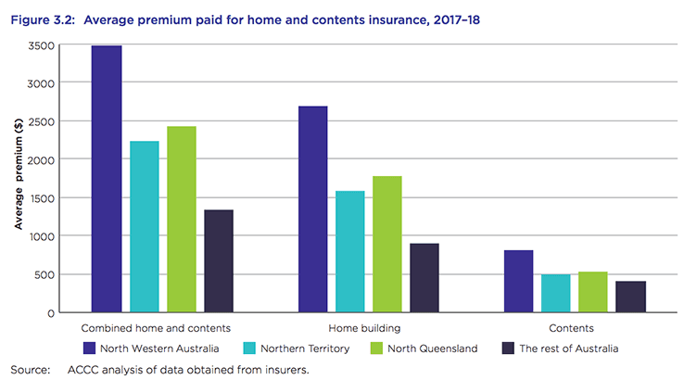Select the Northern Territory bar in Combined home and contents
point(144,226)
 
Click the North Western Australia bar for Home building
point(312,209)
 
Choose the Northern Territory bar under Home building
point(349,251)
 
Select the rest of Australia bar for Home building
point(424,278)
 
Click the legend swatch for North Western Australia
point(90,348)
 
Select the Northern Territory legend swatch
point(249,348)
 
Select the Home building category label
point(368,329)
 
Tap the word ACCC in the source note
point(83,370)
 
